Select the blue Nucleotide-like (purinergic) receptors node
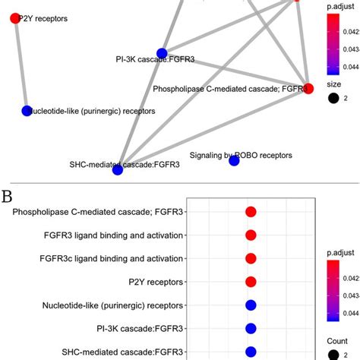(27, 111)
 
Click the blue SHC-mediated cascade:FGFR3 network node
(118, 169)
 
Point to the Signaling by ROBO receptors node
(234, 161)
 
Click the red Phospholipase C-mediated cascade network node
(308, 88)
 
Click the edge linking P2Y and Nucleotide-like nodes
(21, 65)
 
